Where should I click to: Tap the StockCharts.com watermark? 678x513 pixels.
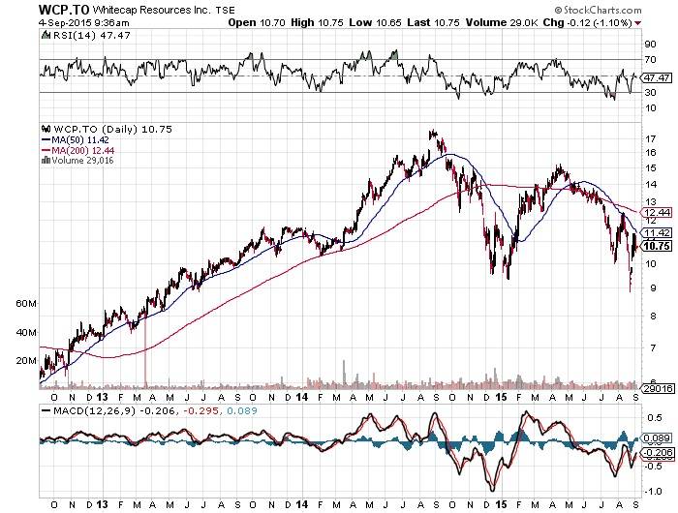click(609, 9)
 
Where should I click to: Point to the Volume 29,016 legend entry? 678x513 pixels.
click(77, 160)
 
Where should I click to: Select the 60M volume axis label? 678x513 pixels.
click(26, 303)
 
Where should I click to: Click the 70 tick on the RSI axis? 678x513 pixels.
click(651, 60)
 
